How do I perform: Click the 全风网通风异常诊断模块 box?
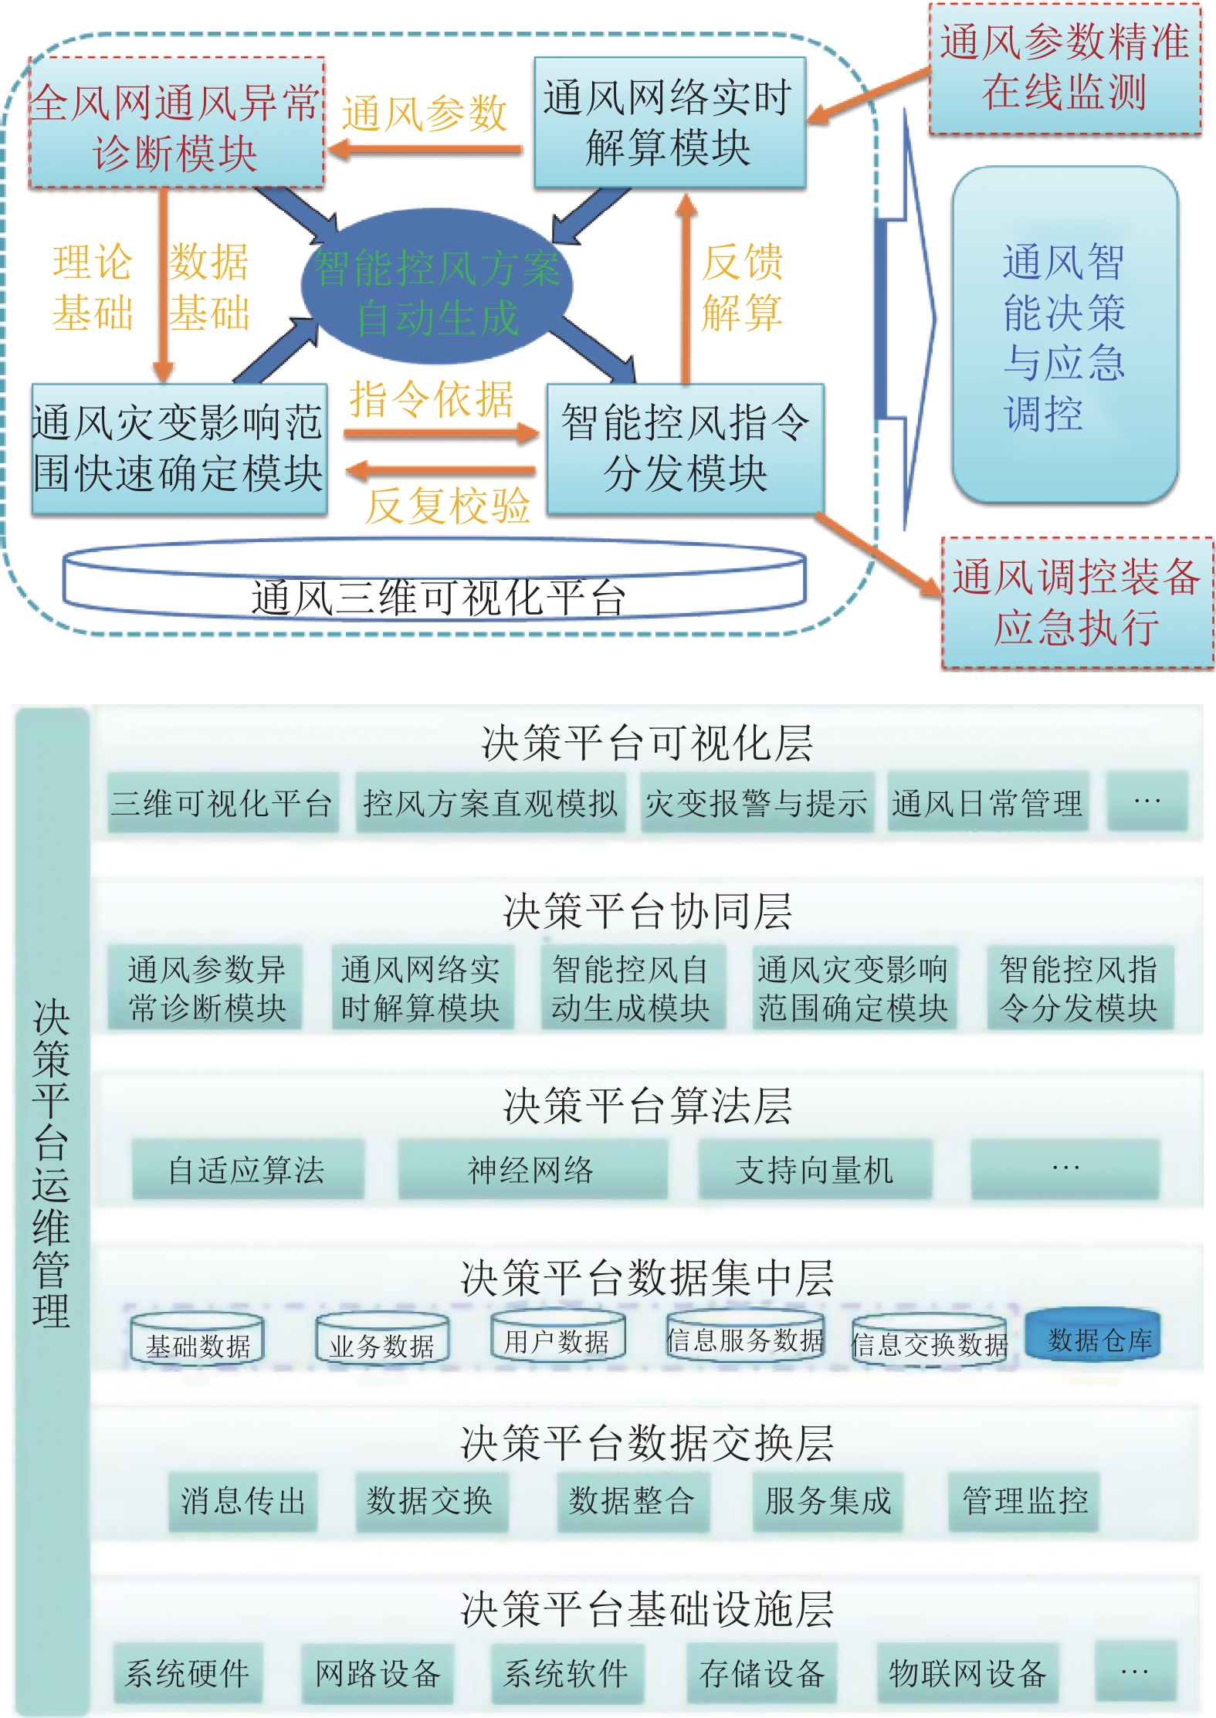tap(176, 124)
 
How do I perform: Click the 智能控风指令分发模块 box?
tap(685, 449)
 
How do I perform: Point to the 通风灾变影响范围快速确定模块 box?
tap(178, 449)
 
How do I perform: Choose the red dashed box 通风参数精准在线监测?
tap(1064, 68)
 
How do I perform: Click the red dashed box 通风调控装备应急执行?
tap(1076, 602)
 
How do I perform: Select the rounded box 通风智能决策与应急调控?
tap(1065, 336)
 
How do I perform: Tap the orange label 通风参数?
tap(425, 114)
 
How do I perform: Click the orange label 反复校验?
tap(448, 506)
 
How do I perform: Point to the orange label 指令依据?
tap(432, 400)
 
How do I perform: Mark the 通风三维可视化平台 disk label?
tap(437, 597)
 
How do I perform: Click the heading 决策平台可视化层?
tap(647, 743)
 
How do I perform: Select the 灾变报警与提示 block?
tap(757, 804)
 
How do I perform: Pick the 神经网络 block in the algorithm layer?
tap(531, 1170)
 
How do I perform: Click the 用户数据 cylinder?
tap(557, 1340)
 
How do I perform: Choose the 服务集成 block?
tap(828, 1500)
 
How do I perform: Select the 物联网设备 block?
tap(967, 1673)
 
